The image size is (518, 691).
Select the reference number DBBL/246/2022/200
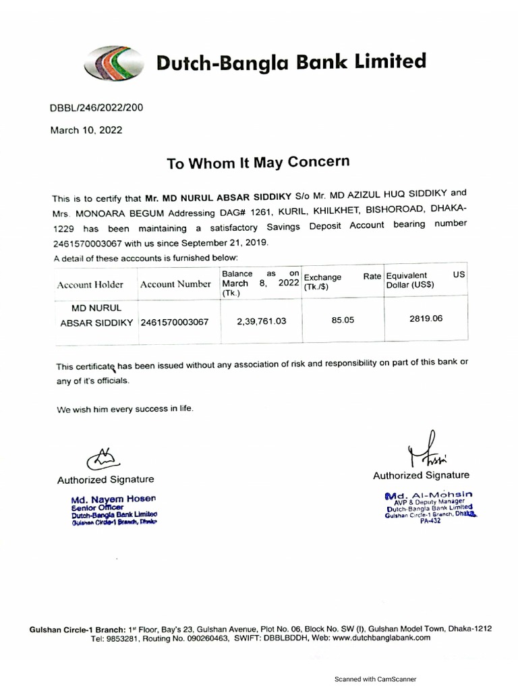coord(96,107)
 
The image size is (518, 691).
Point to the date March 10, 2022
coord(86,130)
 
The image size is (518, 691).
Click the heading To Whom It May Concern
coord(258,163)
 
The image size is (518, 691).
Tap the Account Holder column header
coord(90,285)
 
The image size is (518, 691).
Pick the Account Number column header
coord(175,284)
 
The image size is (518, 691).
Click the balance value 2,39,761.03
coord(261,321)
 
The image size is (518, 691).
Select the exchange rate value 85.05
coord(343,321)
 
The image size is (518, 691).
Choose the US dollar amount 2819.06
coord(426,319)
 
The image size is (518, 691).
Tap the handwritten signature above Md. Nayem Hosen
coord(100,459)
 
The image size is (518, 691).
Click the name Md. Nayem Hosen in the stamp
coord(114,499)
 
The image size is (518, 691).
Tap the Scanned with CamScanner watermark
coord(375,680)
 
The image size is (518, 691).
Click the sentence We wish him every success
coord(125,409)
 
